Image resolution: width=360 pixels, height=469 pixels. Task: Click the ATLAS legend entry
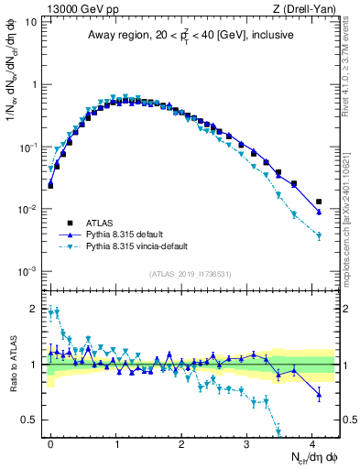click(98, 223)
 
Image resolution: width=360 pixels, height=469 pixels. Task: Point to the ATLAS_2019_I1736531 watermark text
click(191, 274)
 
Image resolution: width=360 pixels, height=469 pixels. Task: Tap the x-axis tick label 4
click(312, 442)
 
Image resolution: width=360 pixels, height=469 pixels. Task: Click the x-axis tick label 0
click(51, 442)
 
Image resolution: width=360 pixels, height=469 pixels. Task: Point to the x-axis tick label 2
click(181, 442)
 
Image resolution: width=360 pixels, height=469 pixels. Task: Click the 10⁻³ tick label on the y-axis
click(28, 271)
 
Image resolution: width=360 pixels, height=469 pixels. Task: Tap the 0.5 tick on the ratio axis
click(30, 420)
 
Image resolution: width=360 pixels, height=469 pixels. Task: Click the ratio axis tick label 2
click(34, 309)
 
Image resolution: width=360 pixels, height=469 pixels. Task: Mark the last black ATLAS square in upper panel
click(319, 202)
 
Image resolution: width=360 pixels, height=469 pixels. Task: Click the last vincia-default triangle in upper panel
click(319, 236)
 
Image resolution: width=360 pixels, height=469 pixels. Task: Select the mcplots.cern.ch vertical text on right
click(350, 229)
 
